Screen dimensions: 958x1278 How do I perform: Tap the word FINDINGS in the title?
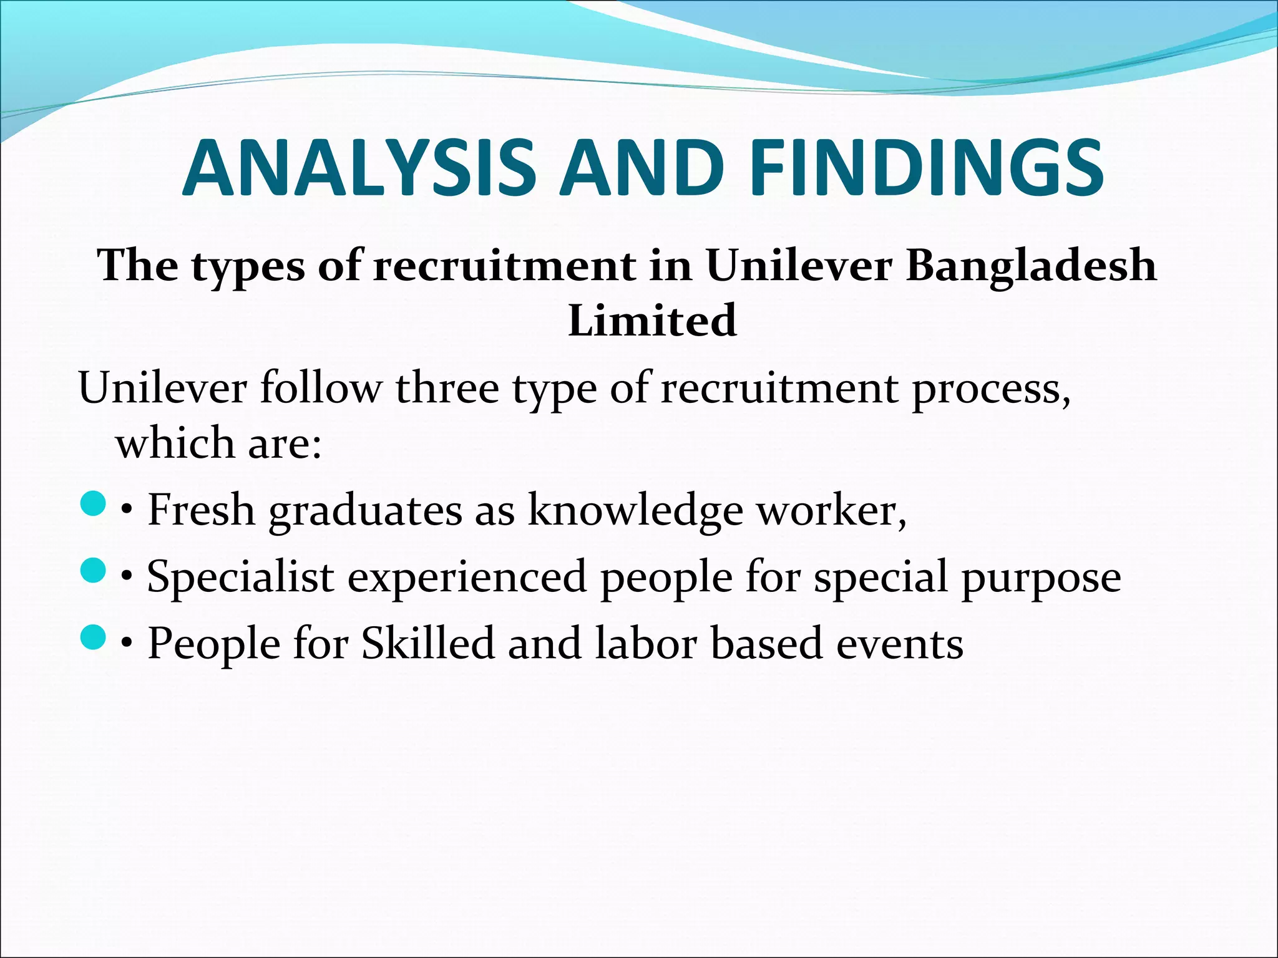click(927, 168)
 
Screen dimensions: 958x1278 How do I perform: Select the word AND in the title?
click(641, 168)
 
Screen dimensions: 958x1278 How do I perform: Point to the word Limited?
click(652, 321)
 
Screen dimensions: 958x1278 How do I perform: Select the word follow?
click(319, 388)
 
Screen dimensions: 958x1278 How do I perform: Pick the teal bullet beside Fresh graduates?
click(93, 504)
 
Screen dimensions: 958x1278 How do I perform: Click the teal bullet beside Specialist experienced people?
click(93, 571)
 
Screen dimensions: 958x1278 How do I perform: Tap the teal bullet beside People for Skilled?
click(93, 637)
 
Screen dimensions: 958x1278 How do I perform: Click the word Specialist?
click(240, 578)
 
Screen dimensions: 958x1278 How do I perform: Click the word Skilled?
click(427, 644)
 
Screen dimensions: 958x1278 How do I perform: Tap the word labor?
click(645, 644)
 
